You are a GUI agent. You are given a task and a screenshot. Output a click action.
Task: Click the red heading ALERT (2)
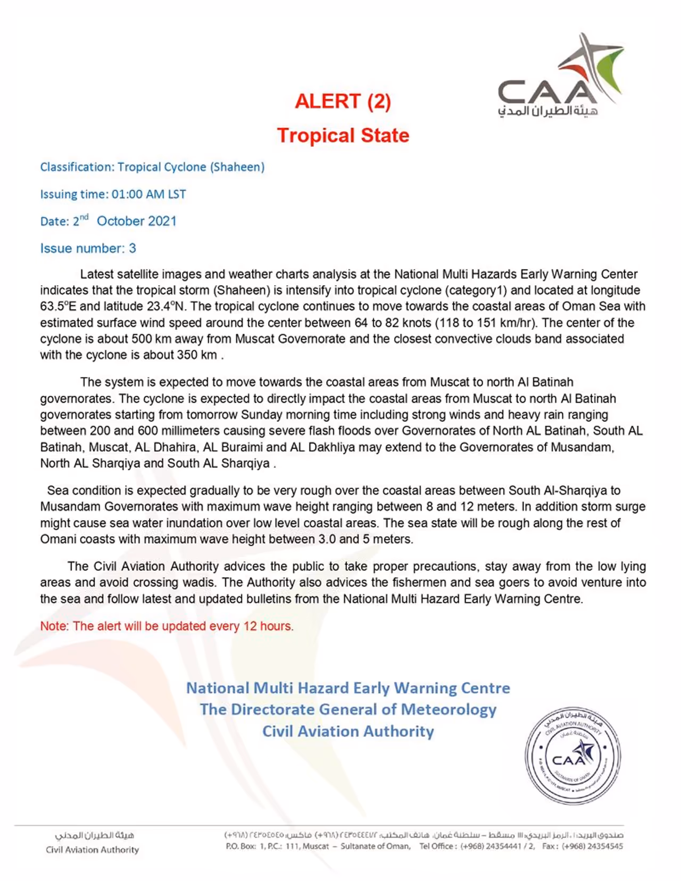coord(343,101)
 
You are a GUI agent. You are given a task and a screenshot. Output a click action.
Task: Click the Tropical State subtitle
coord(343,135)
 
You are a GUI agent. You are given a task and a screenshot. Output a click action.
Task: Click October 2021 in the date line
coord(136,221)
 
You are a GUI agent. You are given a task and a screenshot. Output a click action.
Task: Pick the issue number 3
coord(132,248)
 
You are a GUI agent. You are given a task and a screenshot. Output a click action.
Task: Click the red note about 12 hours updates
coord(167,626)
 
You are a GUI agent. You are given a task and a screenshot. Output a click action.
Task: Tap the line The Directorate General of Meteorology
coord(348,710)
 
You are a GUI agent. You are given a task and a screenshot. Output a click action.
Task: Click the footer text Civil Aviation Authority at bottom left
coord(92,850)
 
